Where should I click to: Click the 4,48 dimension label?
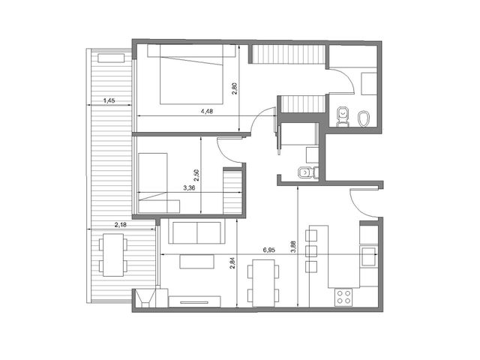(207, 112)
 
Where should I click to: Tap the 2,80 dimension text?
(235, 88)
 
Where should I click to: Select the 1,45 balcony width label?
(109, 100)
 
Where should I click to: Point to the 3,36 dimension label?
(189, 188)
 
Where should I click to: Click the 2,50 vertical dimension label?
(196, 175)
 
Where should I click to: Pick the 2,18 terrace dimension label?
(121, 225)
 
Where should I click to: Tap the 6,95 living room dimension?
(269, 250)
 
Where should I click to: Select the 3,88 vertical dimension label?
(293, 247)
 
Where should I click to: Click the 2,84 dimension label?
(232, 263)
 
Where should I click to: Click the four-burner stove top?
(343, 297)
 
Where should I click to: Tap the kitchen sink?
(368, 256)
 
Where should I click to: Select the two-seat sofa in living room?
(196, 232)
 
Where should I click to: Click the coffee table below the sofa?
(196, 262)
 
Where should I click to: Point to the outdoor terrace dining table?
(113, 255)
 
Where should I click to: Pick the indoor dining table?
(263, 283)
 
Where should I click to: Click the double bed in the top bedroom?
(191, 74)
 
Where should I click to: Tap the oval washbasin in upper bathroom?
(364, 118)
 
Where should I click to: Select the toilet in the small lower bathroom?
(307, 172)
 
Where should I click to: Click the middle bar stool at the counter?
(311, 251)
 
